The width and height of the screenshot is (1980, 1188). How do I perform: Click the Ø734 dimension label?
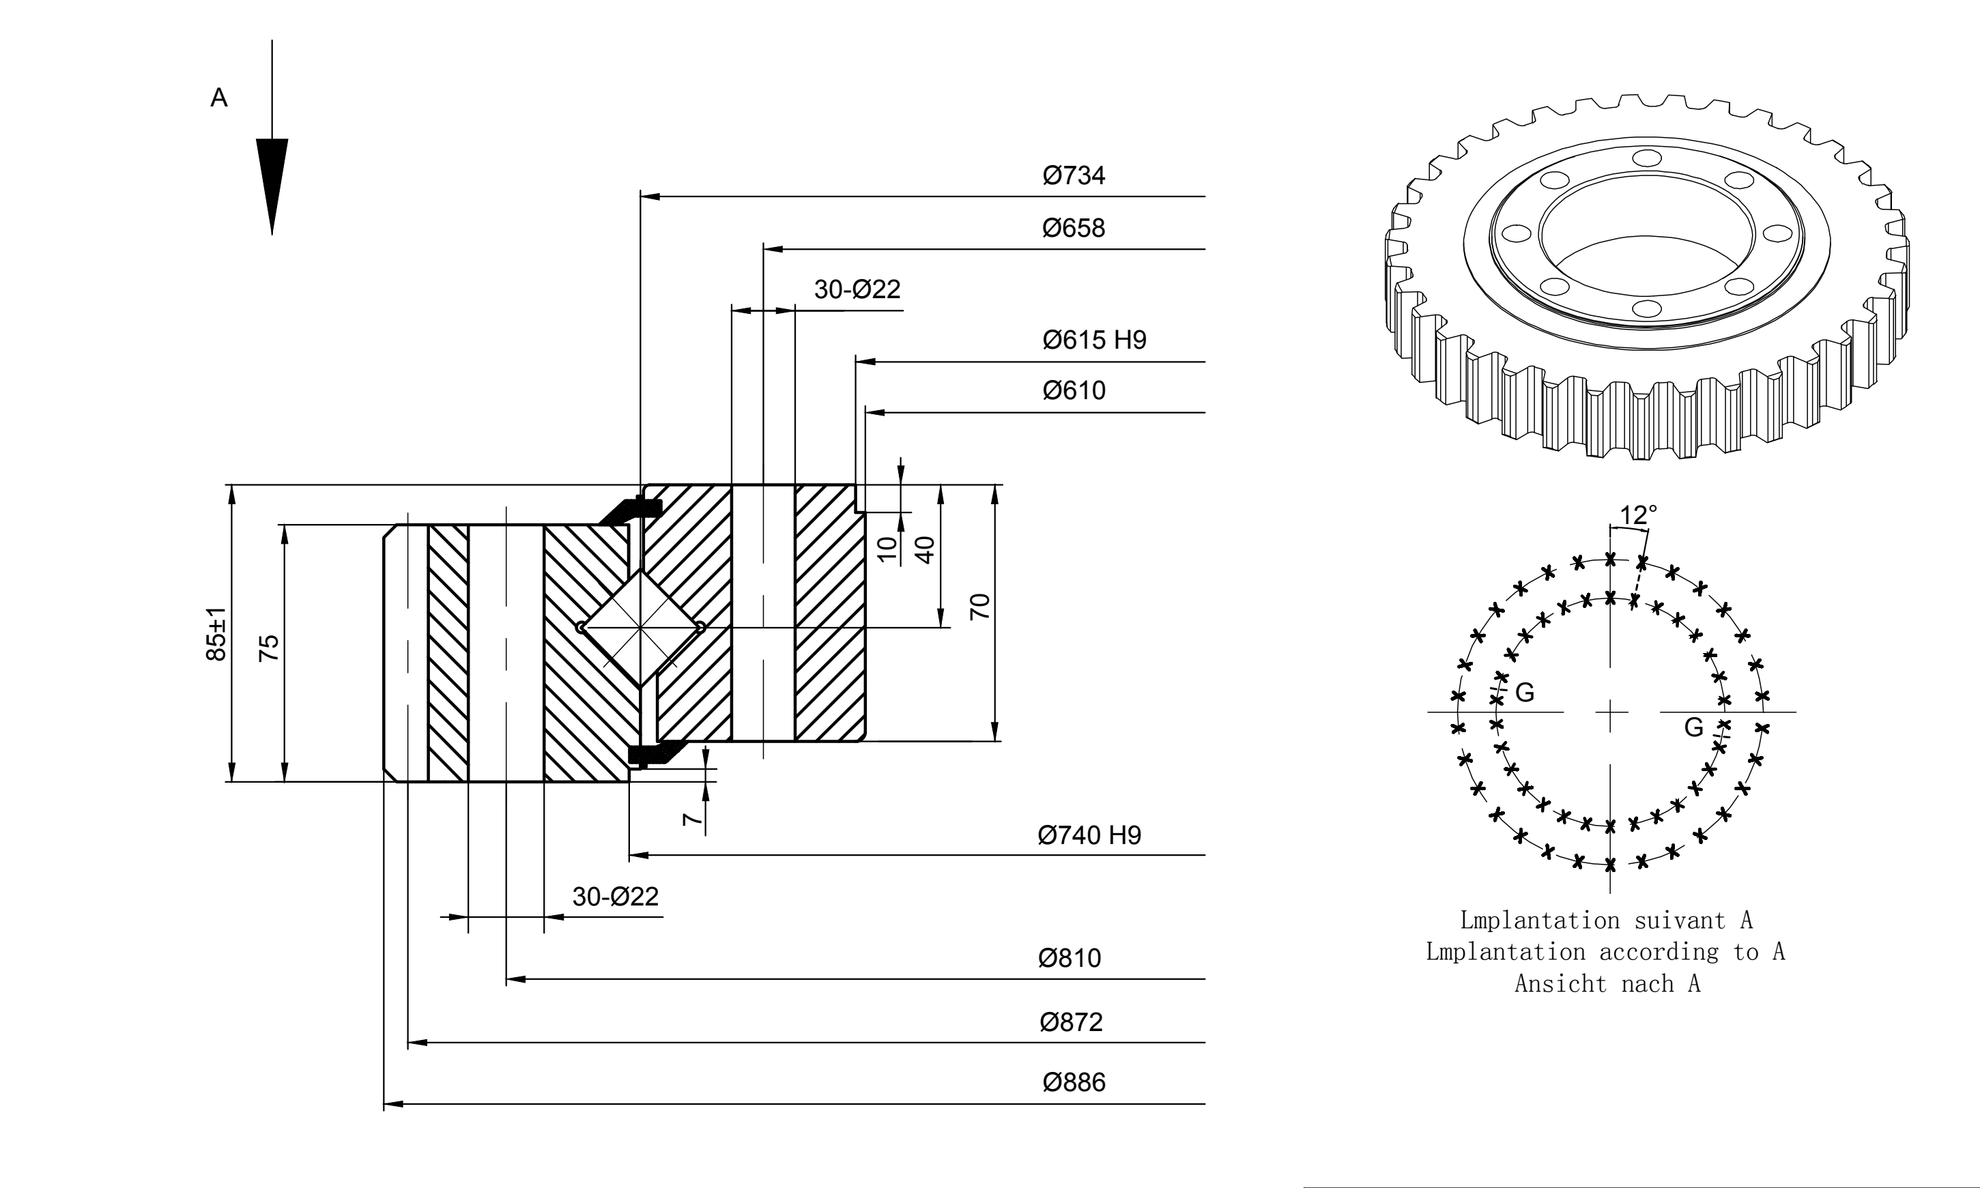[x=1074, y=175]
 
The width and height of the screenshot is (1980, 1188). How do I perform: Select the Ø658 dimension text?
[x=1074, y=228]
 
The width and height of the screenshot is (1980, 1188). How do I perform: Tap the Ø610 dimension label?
[x=1074, y=391]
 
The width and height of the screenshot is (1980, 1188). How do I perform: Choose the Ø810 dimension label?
[x=1070, y=958]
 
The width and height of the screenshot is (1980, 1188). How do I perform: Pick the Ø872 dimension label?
[x=1072, y=1022]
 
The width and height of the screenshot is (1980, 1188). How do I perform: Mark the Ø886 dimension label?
[x=1074, y=1082]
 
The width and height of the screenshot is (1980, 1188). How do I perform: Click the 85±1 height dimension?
[x=216, y=635]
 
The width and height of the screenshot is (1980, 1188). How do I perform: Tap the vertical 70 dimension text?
[x=980, y=607]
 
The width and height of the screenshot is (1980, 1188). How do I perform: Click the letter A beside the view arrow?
[x=218, y=98]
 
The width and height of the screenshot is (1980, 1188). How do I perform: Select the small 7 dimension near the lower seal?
[x=693, y=820]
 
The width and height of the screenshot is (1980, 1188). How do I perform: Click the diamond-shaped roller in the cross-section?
[x=640, y=628]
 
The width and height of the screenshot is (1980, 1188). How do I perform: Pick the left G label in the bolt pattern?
[x=1525, y=693]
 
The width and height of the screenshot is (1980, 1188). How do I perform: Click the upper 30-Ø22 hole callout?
[x=857, y=289]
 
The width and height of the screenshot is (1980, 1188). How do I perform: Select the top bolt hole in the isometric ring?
[x=1647, y=158]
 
